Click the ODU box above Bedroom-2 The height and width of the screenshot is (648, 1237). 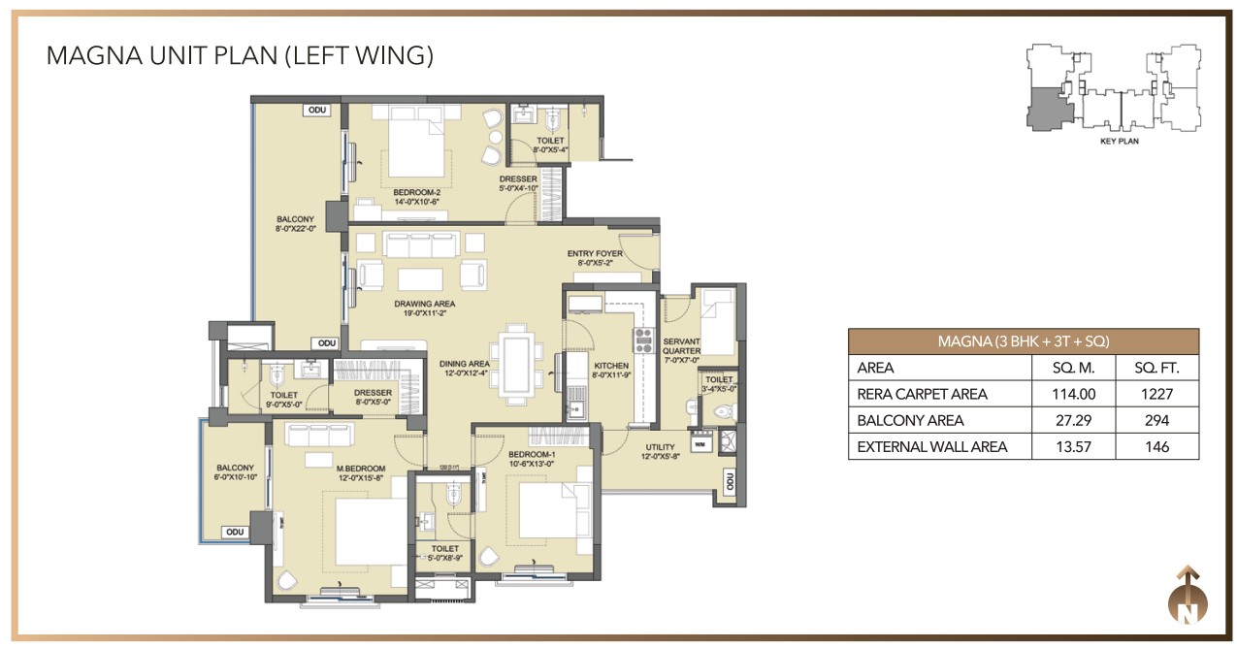coord(316,110)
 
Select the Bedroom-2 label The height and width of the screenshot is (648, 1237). coord(417,192)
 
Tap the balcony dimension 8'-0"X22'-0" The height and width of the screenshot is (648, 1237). coord(295,230)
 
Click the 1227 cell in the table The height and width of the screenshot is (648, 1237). coord(1156,394)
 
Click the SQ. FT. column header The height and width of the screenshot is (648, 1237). coord(1156,368)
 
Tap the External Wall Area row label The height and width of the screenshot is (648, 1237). coord(931,446)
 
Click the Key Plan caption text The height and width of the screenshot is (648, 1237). coord(1119,141)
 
